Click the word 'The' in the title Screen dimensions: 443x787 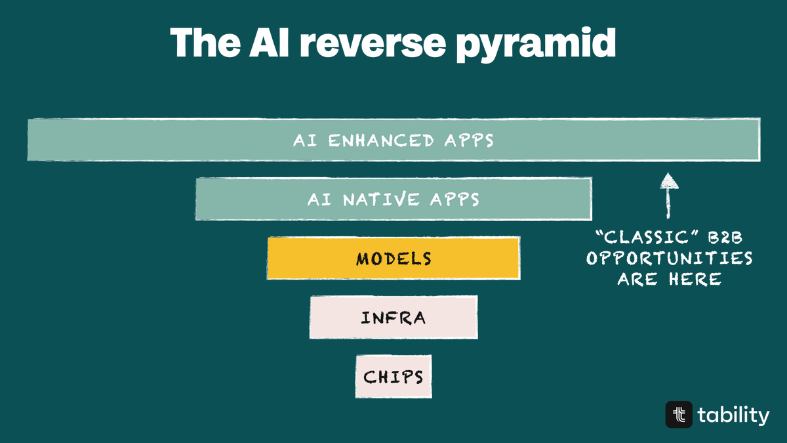point(199,43)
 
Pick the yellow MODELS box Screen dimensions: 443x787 point(393,259)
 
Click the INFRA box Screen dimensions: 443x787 point(393,318)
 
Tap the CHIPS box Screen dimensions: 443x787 point(393,377)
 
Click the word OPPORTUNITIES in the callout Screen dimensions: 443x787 point(669,258)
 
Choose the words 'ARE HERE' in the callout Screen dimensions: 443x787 point(669,279)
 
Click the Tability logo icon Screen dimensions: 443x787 point(679,415)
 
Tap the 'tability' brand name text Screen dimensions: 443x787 point(733,415)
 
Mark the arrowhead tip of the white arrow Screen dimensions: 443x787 point(669,175)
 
